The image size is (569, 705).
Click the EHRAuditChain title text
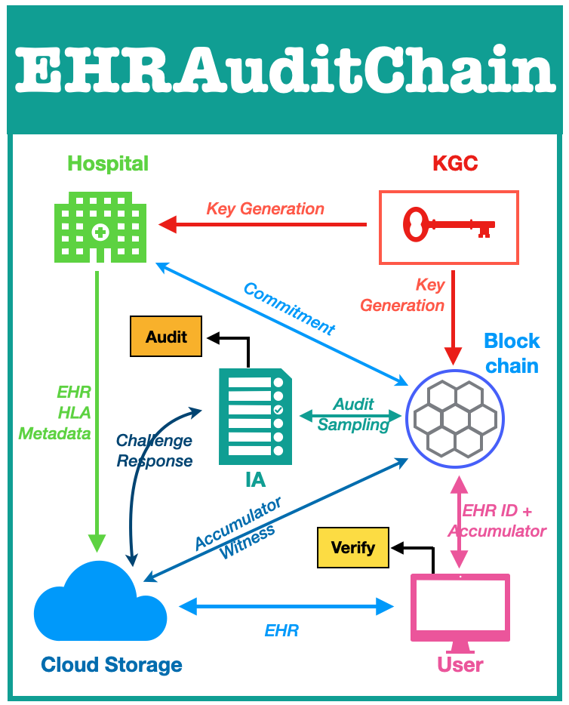284,72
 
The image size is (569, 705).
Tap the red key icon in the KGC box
448,226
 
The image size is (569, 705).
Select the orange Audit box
166,337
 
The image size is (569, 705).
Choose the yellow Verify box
352,547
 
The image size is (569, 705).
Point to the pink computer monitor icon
460,610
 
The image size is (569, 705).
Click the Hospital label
108,163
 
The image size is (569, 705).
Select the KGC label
455,163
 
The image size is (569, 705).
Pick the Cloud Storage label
111,665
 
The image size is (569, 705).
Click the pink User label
460,665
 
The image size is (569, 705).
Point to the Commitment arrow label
289,307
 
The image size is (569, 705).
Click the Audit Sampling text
353,414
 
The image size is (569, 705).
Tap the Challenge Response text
154,451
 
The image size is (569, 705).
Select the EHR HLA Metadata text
55,413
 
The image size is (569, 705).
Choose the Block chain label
512,353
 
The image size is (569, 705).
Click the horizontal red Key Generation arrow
264,224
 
